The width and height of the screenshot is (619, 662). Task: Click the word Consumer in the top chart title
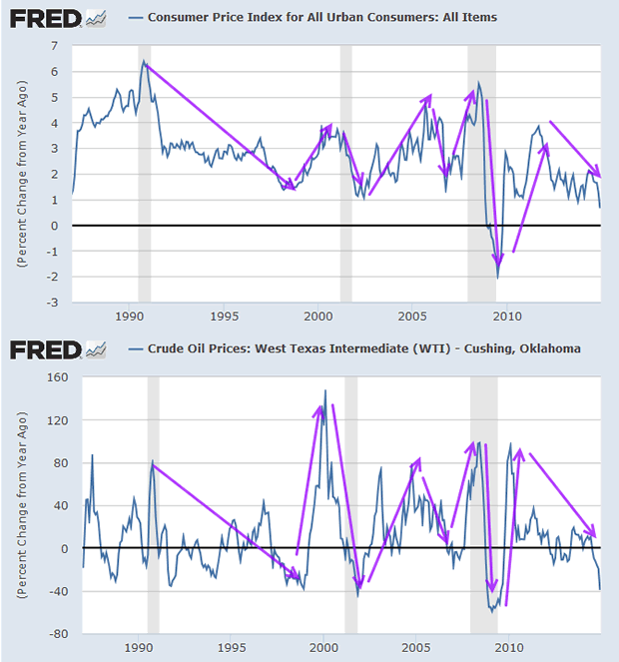click(x=177, y=17)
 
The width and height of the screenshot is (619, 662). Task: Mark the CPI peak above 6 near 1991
click(x=144, y=62)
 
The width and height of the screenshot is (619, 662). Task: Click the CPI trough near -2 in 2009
click(x=497, y=277)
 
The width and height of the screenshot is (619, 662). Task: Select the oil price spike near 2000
click(x=324, y=391)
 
